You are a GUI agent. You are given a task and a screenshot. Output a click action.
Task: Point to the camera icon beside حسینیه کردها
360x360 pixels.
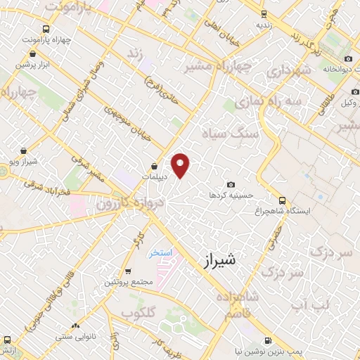231,184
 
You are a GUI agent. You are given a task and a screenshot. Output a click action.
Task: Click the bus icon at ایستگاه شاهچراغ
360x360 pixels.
282,200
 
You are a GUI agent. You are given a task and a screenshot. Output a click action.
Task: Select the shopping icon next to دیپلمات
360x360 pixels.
154,166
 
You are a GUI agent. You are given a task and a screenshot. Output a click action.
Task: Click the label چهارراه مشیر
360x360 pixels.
207,69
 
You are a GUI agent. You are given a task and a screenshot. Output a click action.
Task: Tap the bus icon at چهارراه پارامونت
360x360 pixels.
46,29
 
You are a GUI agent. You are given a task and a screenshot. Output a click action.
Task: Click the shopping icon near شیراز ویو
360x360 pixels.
25,150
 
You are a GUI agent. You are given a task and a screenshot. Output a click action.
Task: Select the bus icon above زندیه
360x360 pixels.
264,13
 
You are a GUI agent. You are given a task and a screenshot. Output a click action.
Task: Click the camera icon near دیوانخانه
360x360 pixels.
349,59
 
